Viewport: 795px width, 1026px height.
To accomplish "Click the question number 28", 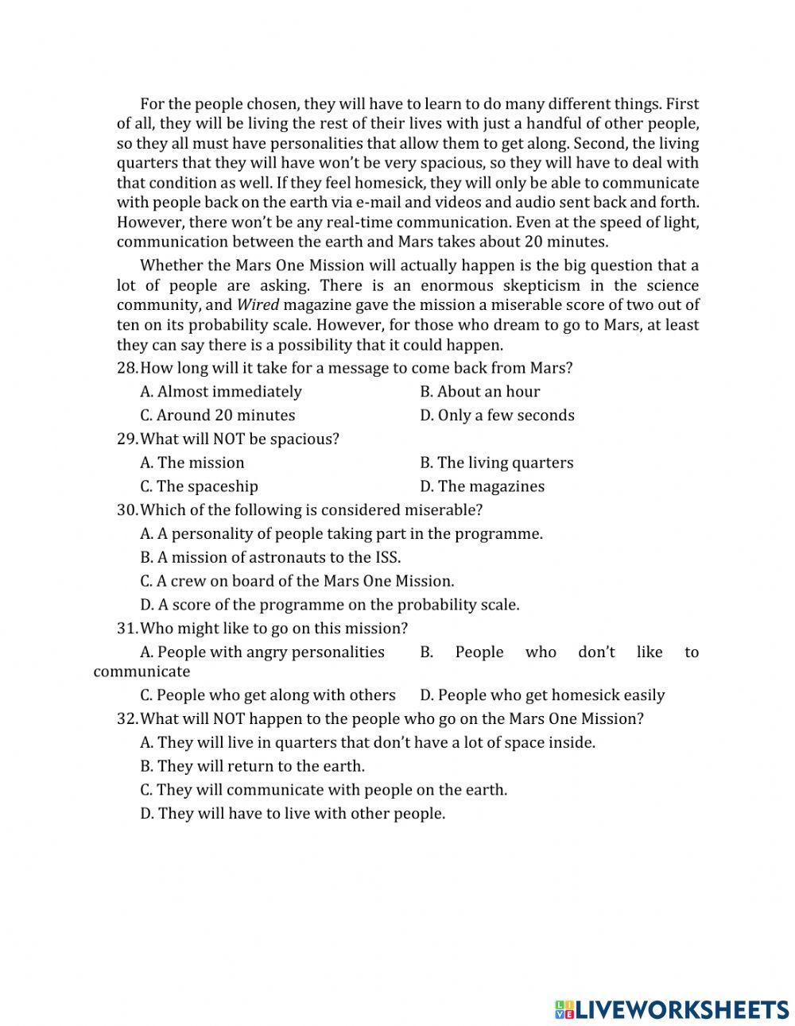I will [127, 368].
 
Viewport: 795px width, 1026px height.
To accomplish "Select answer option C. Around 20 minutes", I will [217, 416].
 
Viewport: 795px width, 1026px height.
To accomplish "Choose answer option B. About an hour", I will [479, 392].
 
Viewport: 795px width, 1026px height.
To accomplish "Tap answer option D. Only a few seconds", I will [497, 416].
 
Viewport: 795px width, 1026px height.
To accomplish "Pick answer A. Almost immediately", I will [220, 392].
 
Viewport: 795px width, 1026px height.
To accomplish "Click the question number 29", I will [127, 439].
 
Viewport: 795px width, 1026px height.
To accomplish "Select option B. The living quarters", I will [496, 463].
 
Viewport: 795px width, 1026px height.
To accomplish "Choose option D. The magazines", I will [482, 486].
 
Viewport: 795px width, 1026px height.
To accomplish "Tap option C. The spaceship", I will [199, 486].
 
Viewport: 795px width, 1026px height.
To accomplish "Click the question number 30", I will [127, 510].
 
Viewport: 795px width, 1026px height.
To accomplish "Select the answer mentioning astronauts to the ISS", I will [270, 558].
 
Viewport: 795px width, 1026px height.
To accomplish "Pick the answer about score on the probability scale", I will [329, 605].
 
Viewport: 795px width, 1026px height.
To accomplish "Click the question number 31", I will [127, 629].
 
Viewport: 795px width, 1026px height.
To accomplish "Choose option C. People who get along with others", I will [267, 695].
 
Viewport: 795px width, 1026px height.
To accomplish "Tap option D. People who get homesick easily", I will [542, 695].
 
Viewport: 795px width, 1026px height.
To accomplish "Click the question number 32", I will [127, 719].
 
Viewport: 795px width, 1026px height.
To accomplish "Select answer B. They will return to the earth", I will [252, 767].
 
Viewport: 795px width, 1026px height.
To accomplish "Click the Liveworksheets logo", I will [672, 1009].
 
